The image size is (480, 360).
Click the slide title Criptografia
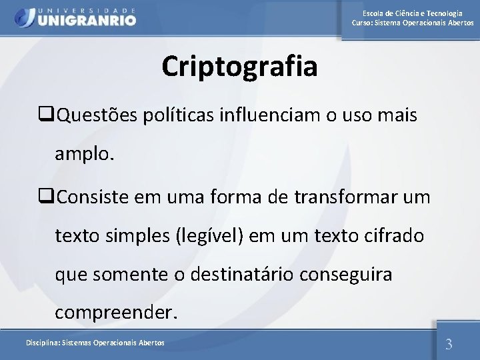point(239,67)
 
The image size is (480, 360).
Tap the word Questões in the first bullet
point(99,117)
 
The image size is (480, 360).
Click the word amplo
point(85,155)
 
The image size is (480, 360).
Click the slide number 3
point(449,344)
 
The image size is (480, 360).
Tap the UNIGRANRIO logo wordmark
point(87,20)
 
